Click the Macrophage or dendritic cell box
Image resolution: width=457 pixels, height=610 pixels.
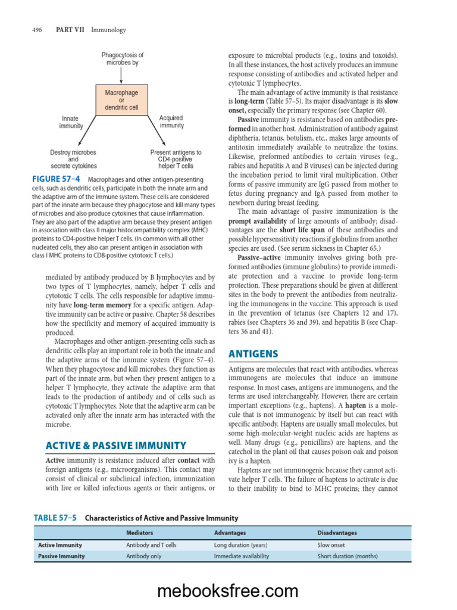pos(121,100)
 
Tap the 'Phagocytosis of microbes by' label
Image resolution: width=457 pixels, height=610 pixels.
pos(122,58)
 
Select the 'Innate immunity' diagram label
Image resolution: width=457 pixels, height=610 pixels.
pos(71,122)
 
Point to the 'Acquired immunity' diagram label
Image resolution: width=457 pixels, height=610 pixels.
pos(171,122)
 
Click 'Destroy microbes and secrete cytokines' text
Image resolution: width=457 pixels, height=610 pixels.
pos(73,159)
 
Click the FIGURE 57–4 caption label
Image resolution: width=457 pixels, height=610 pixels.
pos(59,179)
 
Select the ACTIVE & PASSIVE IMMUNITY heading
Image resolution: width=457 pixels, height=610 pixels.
pos(116,446)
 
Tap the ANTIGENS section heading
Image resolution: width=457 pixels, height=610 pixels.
pos(253,354)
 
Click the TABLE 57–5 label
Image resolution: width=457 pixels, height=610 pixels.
pos(55,518)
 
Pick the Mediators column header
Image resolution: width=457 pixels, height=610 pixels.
pos(139,533)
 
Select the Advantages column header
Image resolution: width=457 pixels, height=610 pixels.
pos(230,533)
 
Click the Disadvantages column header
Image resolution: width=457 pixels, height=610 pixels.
pos(337,533)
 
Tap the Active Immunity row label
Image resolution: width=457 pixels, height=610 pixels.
pos(60,544)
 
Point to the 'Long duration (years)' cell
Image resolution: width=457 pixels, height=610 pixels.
pos(240,544)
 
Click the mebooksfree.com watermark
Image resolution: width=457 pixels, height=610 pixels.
pos(228,590)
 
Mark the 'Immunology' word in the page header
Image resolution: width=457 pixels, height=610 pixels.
pos(108,30)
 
